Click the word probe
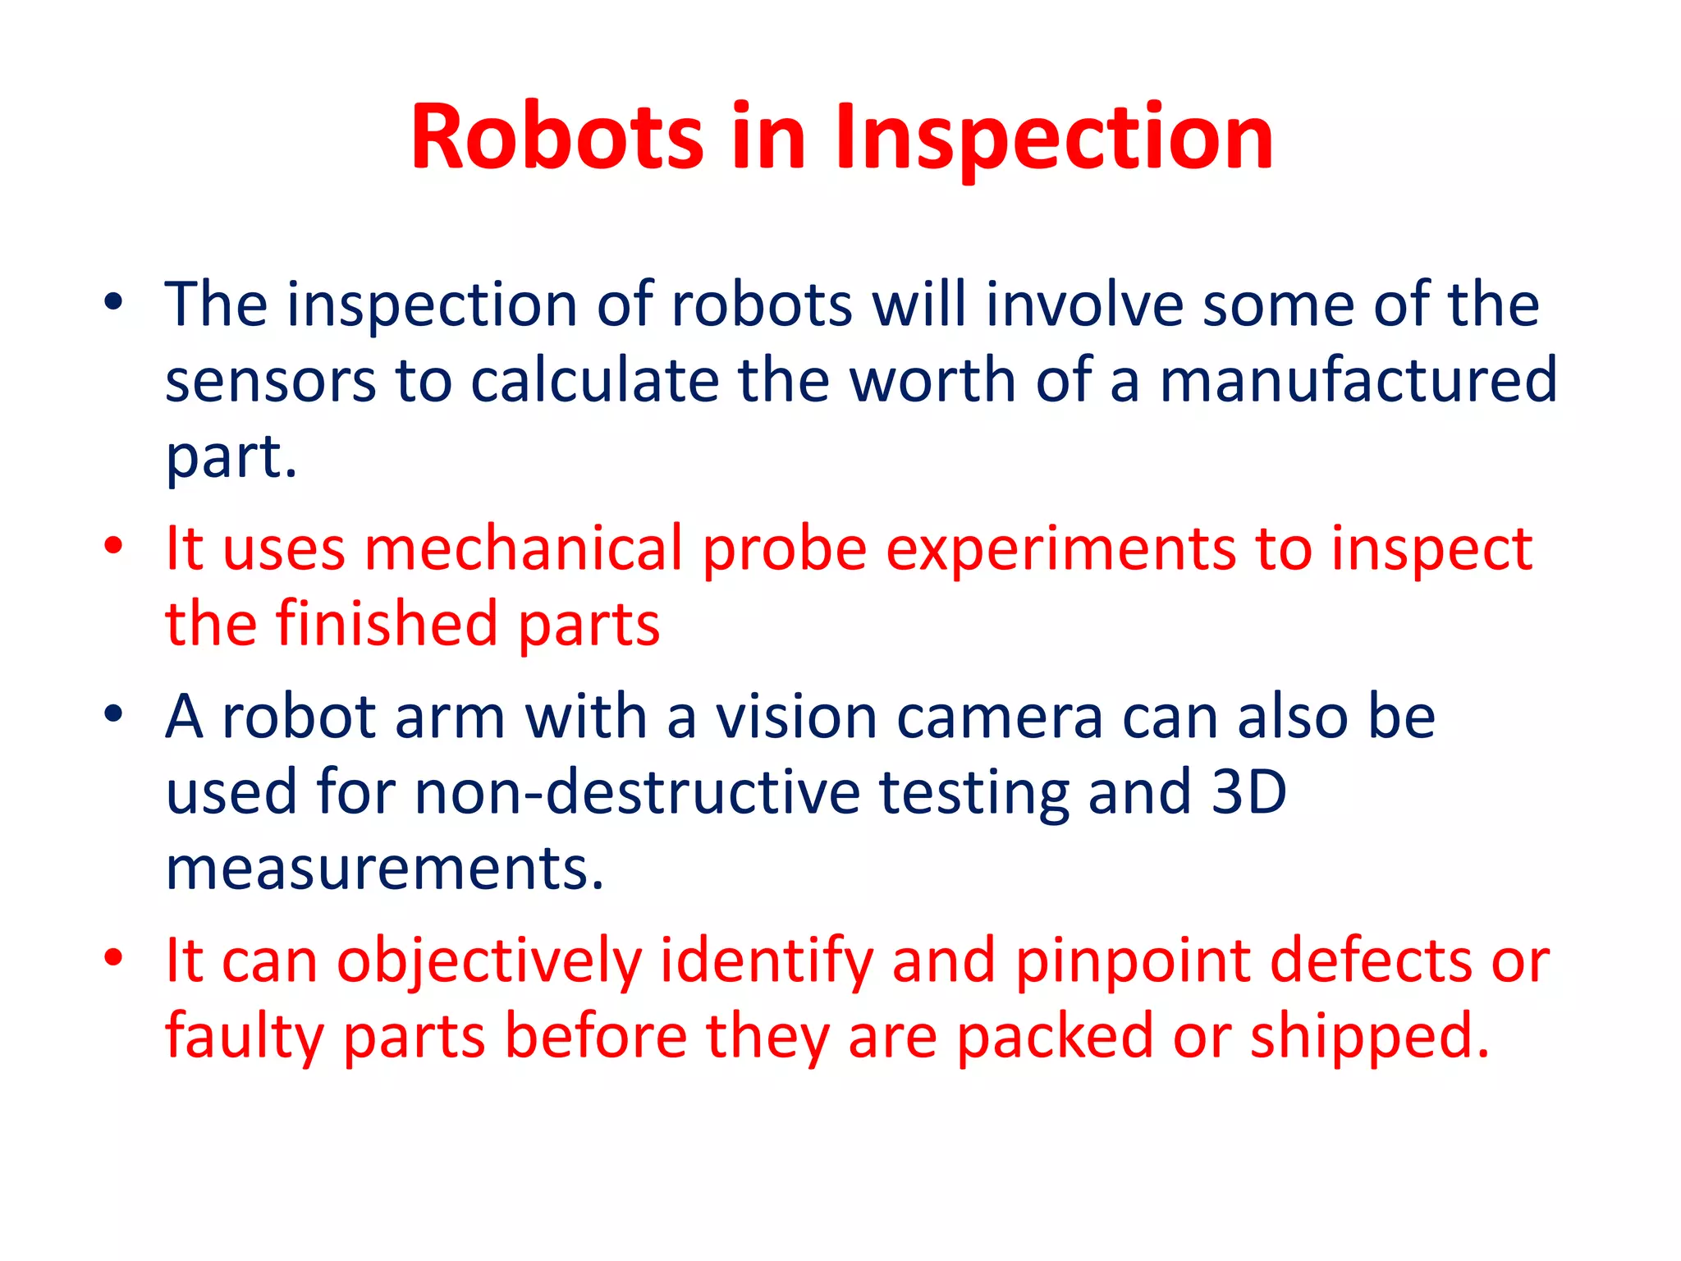pyautogui.click(x=785, y=550)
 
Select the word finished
pyautogui.click(x=387, y=624)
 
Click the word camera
pyautogui.click(x=999, y=717)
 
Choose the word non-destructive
pyautogui.click(x=637, y=792)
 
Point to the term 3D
pyautogui.click(x=1248, y=792)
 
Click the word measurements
pyautogui.click(x=384, y=869)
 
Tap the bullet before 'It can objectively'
pyautogui.click(x=113, y=956)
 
